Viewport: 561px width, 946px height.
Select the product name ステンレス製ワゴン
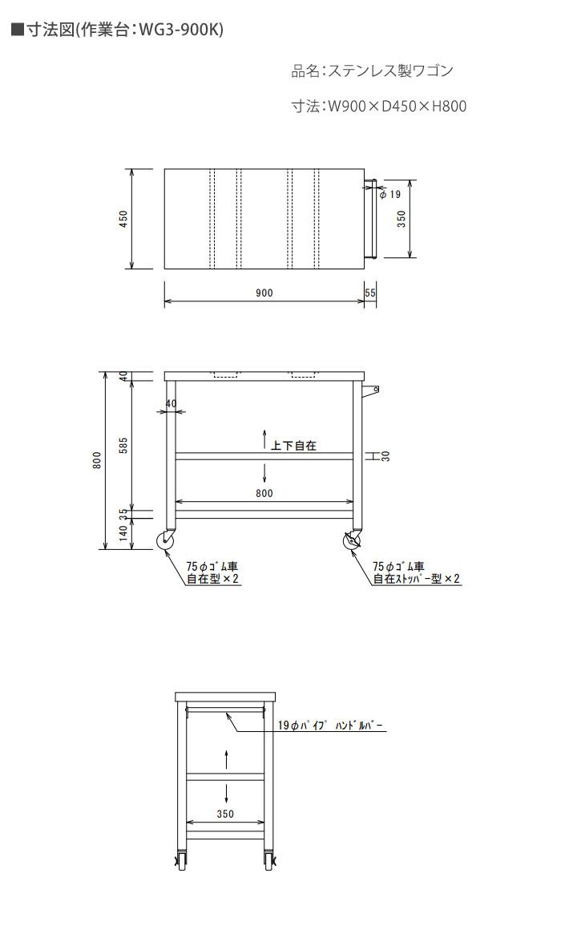[x=389, y=71]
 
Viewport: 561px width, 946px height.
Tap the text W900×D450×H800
[x=397, y=107]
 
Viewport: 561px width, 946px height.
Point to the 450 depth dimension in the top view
[x=123, y=218]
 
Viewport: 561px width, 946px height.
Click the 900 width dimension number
[x=264, y=293]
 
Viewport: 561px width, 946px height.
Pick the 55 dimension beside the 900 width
[x=370, y=293]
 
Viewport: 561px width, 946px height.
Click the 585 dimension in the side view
[x=123, y=445]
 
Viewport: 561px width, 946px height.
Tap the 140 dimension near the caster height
[x=123, y=533]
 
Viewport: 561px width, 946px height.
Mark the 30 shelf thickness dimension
[x=386, y=457]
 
